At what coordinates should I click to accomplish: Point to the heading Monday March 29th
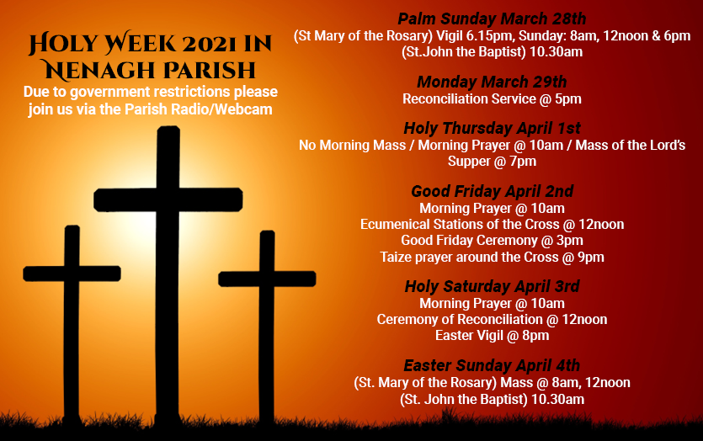pyautogui.click(x=492, y=82)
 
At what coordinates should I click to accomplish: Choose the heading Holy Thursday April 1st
pyautogui.click(x=492, y=129)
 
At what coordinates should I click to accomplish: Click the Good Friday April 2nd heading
pyautogui.click(x=492, y=192)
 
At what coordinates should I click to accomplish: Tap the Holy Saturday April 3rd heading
pyautogui.click(x=492, y=287)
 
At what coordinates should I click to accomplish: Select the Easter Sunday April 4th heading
pyautogui.click(x=492, y=365)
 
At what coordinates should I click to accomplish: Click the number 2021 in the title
pyautogui.click(x=190, y=43)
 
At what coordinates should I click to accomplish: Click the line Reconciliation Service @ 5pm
pyautogui.click(x=492, y=98)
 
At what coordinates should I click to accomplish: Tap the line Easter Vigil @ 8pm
pyautogui.click(x=492, y=335)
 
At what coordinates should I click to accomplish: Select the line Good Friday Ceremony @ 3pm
pyautogui.click(x=492, y=240)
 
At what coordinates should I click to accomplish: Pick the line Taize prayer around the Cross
pyautogui.click(x=492, y=257)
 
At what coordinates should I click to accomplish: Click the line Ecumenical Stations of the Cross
pyautogui.click(x=492, y=224)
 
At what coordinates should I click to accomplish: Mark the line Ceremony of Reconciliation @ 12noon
pyautogui.click(x=492, y=319)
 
